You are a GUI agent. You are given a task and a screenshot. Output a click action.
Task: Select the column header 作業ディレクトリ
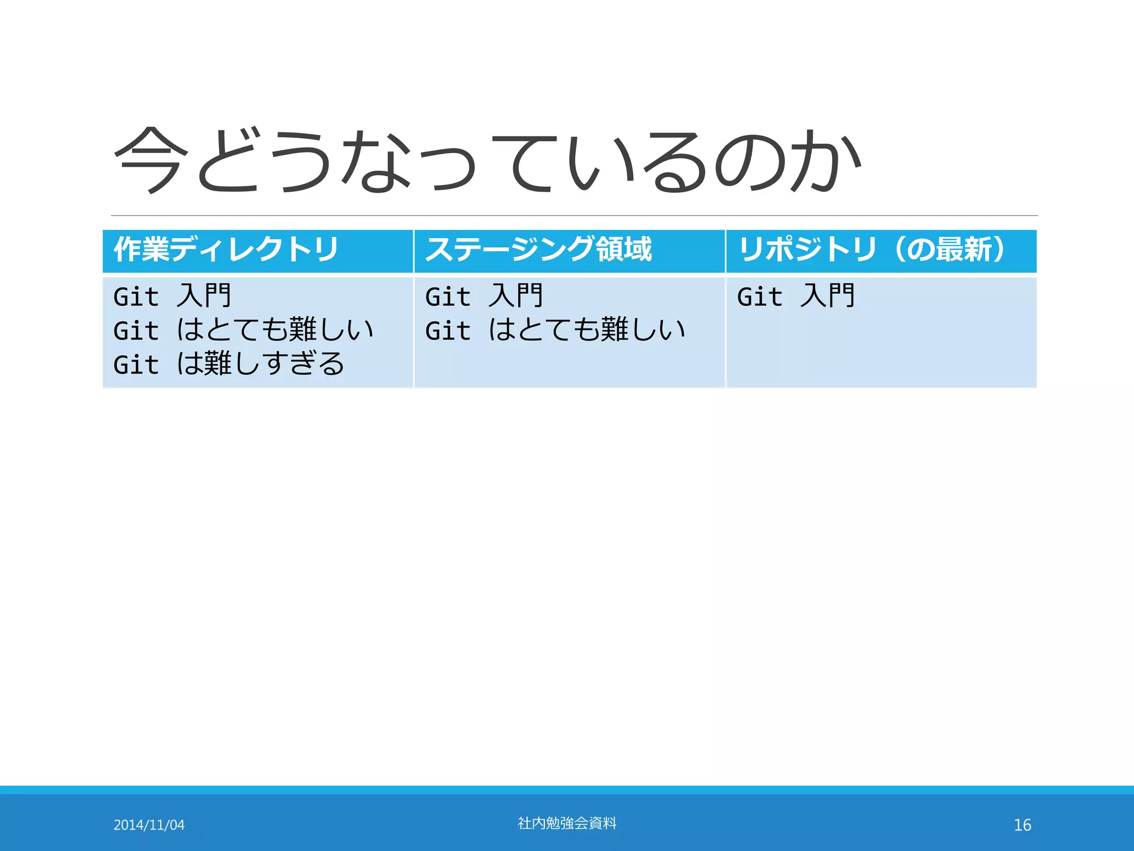(x=226, y=249)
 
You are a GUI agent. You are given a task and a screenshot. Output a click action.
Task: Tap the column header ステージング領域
(x=538, y=249)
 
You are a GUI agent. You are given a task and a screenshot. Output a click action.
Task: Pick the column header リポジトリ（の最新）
(x=872, y=249)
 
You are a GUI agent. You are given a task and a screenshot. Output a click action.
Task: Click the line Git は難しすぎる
(x=229, y=364)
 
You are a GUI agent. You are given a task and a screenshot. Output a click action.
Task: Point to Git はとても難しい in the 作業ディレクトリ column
(x=244, y=330)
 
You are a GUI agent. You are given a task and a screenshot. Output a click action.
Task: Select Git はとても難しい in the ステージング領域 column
(x=555, y=330)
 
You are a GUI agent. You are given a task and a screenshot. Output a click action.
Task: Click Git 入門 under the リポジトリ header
(x=796, y=296)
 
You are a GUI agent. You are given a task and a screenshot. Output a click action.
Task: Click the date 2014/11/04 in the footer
(x=149, y=825)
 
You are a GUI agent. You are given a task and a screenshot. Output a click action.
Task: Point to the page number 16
(x=1022, y=825)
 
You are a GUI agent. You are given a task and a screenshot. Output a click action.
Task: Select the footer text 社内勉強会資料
(x=567, y=823)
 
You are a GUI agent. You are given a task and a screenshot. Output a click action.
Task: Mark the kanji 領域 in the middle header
(x=624, y=249)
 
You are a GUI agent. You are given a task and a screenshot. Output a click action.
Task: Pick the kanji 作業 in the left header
(x=141, y=249)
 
